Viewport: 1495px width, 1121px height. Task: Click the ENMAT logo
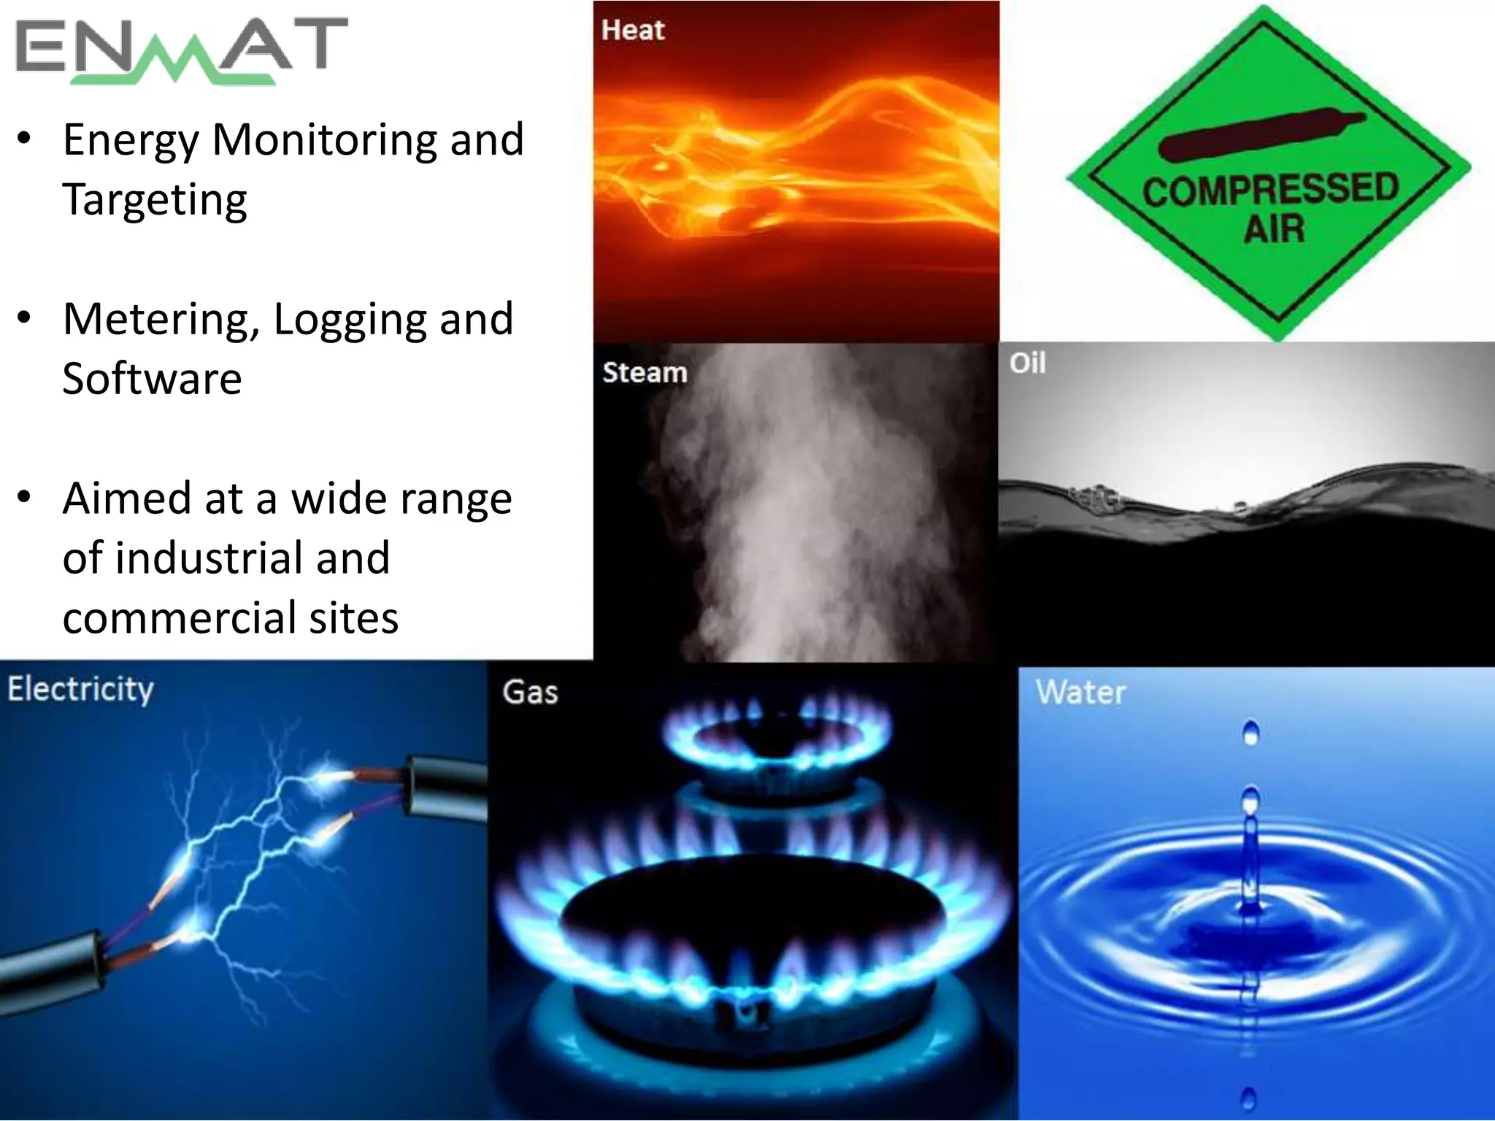181,50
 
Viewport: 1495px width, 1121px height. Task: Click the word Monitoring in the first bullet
324,139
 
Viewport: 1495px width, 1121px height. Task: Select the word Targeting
155,200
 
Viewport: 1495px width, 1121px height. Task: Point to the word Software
152,379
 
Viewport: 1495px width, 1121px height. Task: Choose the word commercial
178,618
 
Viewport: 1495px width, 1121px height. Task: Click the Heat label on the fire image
633,31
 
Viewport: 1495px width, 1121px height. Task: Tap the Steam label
645,372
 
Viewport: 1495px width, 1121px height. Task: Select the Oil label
1027,363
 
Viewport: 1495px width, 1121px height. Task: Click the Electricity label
80,690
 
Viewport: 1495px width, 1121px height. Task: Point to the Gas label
530,692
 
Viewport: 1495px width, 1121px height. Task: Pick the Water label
1080,692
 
